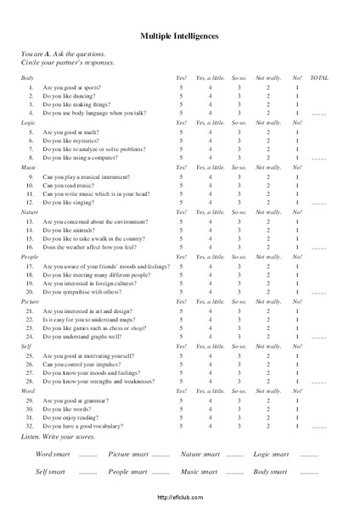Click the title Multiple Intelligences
[179, 36]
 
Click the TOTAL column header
[319, 78]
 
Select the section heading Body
[27, 78]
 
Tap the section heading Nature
[31, 211]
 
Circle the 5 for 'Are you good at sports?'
[180, 87]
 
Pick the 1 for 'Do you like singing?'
[297, 203]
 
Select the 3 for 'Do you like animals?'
[239, 229]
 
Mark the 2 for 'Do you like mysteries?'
[267, 141]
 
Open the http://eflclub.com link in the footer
[180, 498]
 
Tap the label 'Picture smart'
[127, 455]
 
